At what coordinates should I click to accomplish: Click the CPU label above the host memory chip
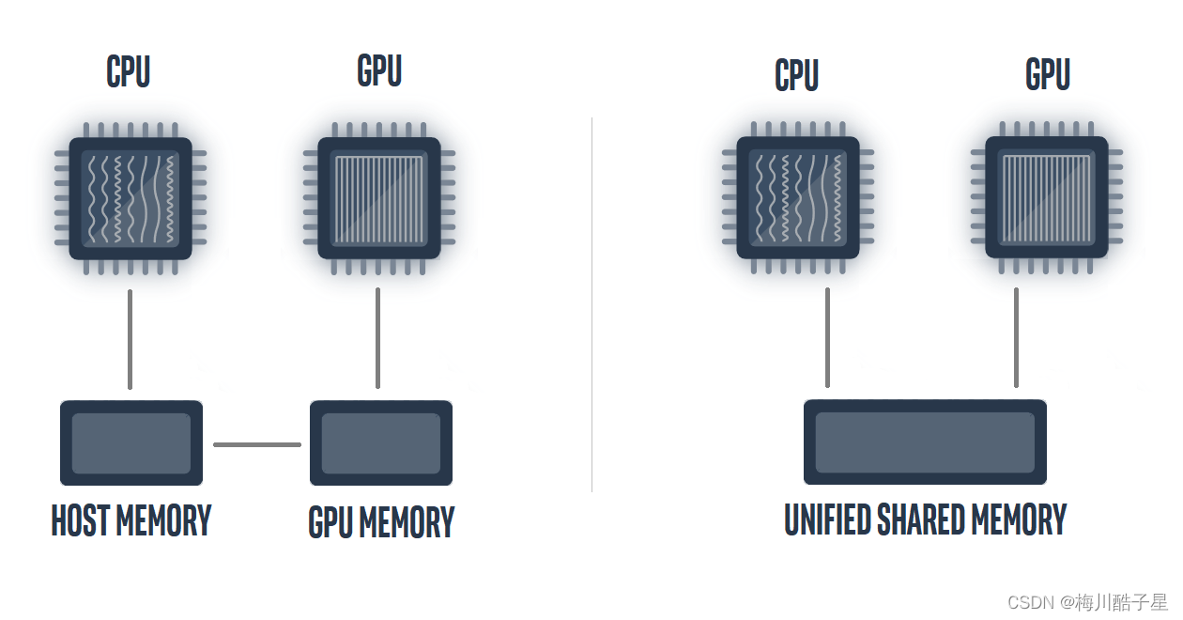pos(129,72)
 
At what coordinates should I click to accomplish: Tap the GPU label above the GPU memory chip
pos(379,71)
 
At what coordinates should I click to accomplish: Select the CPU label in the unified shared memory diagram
pos(796,76)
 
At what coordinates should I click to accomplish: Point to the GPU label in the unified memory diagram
pos(1048,75)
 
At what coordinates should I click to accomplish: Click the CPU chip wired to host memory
pos(131,198)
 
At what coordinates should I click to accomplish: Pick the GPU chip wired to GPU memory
pos(379,198)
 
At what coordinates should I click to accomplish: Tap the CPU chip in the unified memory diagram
pos(798,197)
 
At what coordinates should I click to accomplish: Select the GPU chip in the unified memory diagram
pos(1046,197)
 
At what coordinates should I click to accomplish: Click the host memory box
pos(131,443)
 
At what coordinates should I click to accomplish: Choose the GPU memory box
pos(381,443)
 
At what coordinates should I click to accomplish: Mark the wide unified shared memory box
pos(925,442)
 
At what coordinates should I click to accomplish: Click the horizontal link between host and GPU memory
pos(257,444)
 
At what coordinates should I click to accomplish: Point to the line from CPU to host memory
pos(130,338)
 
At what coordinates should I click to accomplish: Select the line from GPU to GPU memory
pos(377,338)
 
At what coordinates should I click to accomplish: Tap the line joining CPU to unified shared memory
pos(827,337)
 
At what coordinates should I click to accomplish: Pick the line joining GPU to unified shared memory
pos(1016,337)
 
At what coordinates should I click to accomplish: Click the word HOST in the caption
pos(81,520)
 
